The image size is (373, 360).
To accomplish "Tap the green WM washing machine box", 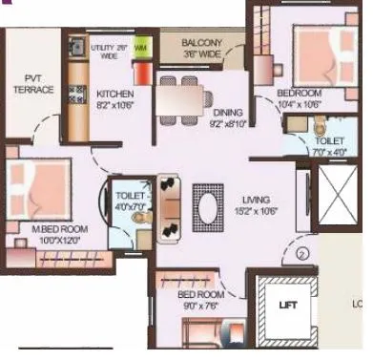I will pos(139,46).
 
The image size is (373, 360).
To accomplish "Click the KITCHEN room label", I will pos(114,94).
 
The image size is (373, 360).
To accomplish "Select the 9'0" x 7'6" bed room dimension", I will pos(203,306).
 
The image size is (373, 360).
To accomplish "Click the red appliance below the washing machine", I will pos(142,73).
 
